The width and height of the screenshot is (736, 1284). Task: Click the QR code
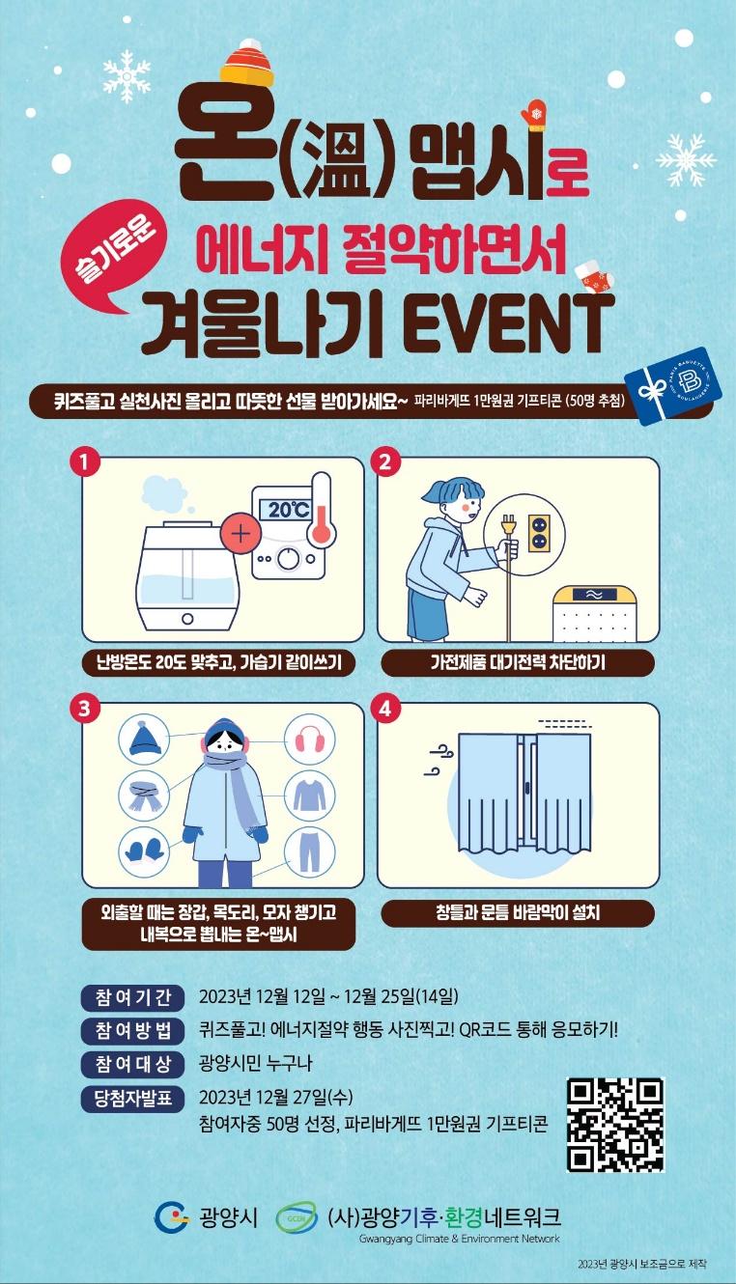[615, 1125]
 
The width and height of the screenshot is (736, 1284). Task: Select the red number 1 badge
[85, 462]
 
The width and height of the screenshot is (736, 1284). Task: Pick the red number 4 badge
[384, 709]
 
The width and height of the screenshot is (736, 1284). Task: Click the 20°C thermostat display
[283, 510]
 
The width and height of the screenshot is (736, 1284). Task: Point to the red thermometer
[320, 509]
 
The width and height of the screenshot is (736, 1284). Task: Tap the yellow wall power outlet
[540, 533]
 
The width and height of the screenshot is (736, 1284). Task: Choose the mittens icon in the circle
[144, 851]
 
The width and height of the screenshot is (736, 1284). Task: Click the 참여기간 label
[132, 997]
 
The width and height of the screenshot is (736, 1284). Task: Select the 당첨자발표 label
[132, 1099]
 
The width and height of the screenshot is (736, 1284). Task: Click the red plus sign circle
[241, 534]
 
